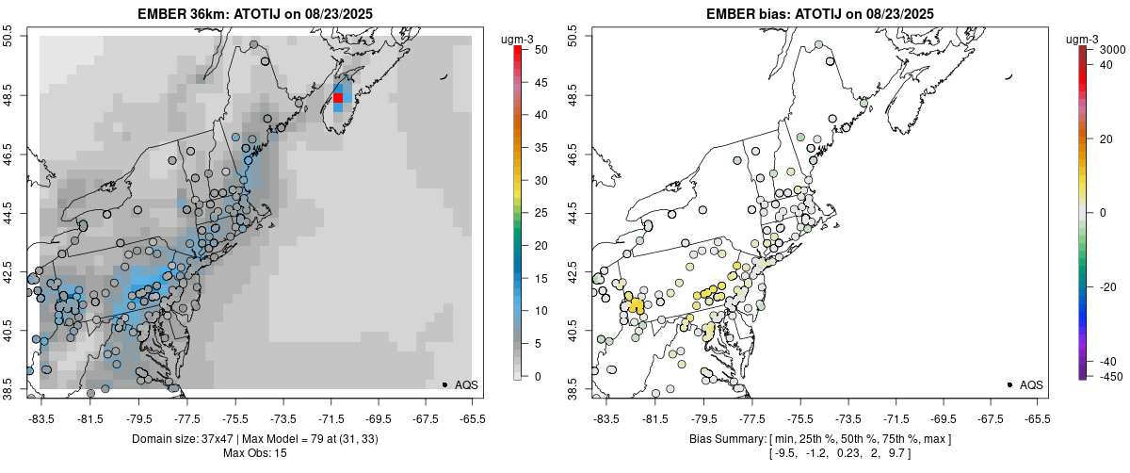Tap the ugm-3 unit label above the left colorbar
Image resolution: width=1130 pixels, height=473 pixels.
click(517, 39)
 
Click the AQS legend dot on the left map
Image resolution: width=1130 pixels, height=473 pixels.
click(444, 384)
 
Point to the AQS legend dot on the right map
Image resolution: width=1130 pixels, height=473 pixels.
click(1009, 384)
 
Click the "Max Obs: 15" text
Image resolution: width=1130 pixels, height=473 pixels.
click(255, 453)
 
